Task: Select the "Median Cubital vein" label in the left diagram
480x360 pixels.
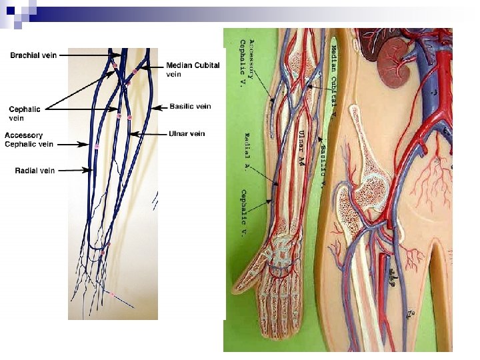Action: coord(193,69)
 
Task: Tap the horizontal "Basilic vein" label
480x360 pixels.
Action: coord(190,106)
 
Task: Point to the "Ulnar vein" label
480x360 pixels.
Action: coord(187,133)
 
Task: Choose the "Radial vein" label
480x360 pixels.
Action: coord(35,171)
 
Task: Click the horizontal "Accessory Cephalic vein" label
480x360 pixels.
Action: coord(29,139)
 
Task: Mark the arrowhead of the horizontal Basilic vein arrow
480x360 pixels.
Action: coord(152,107)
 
